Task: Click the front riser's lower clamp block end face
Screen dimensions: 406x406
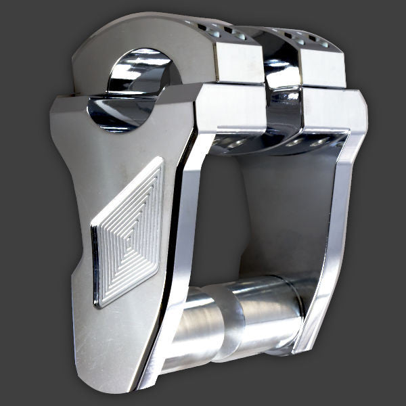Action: coord(230,112)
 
